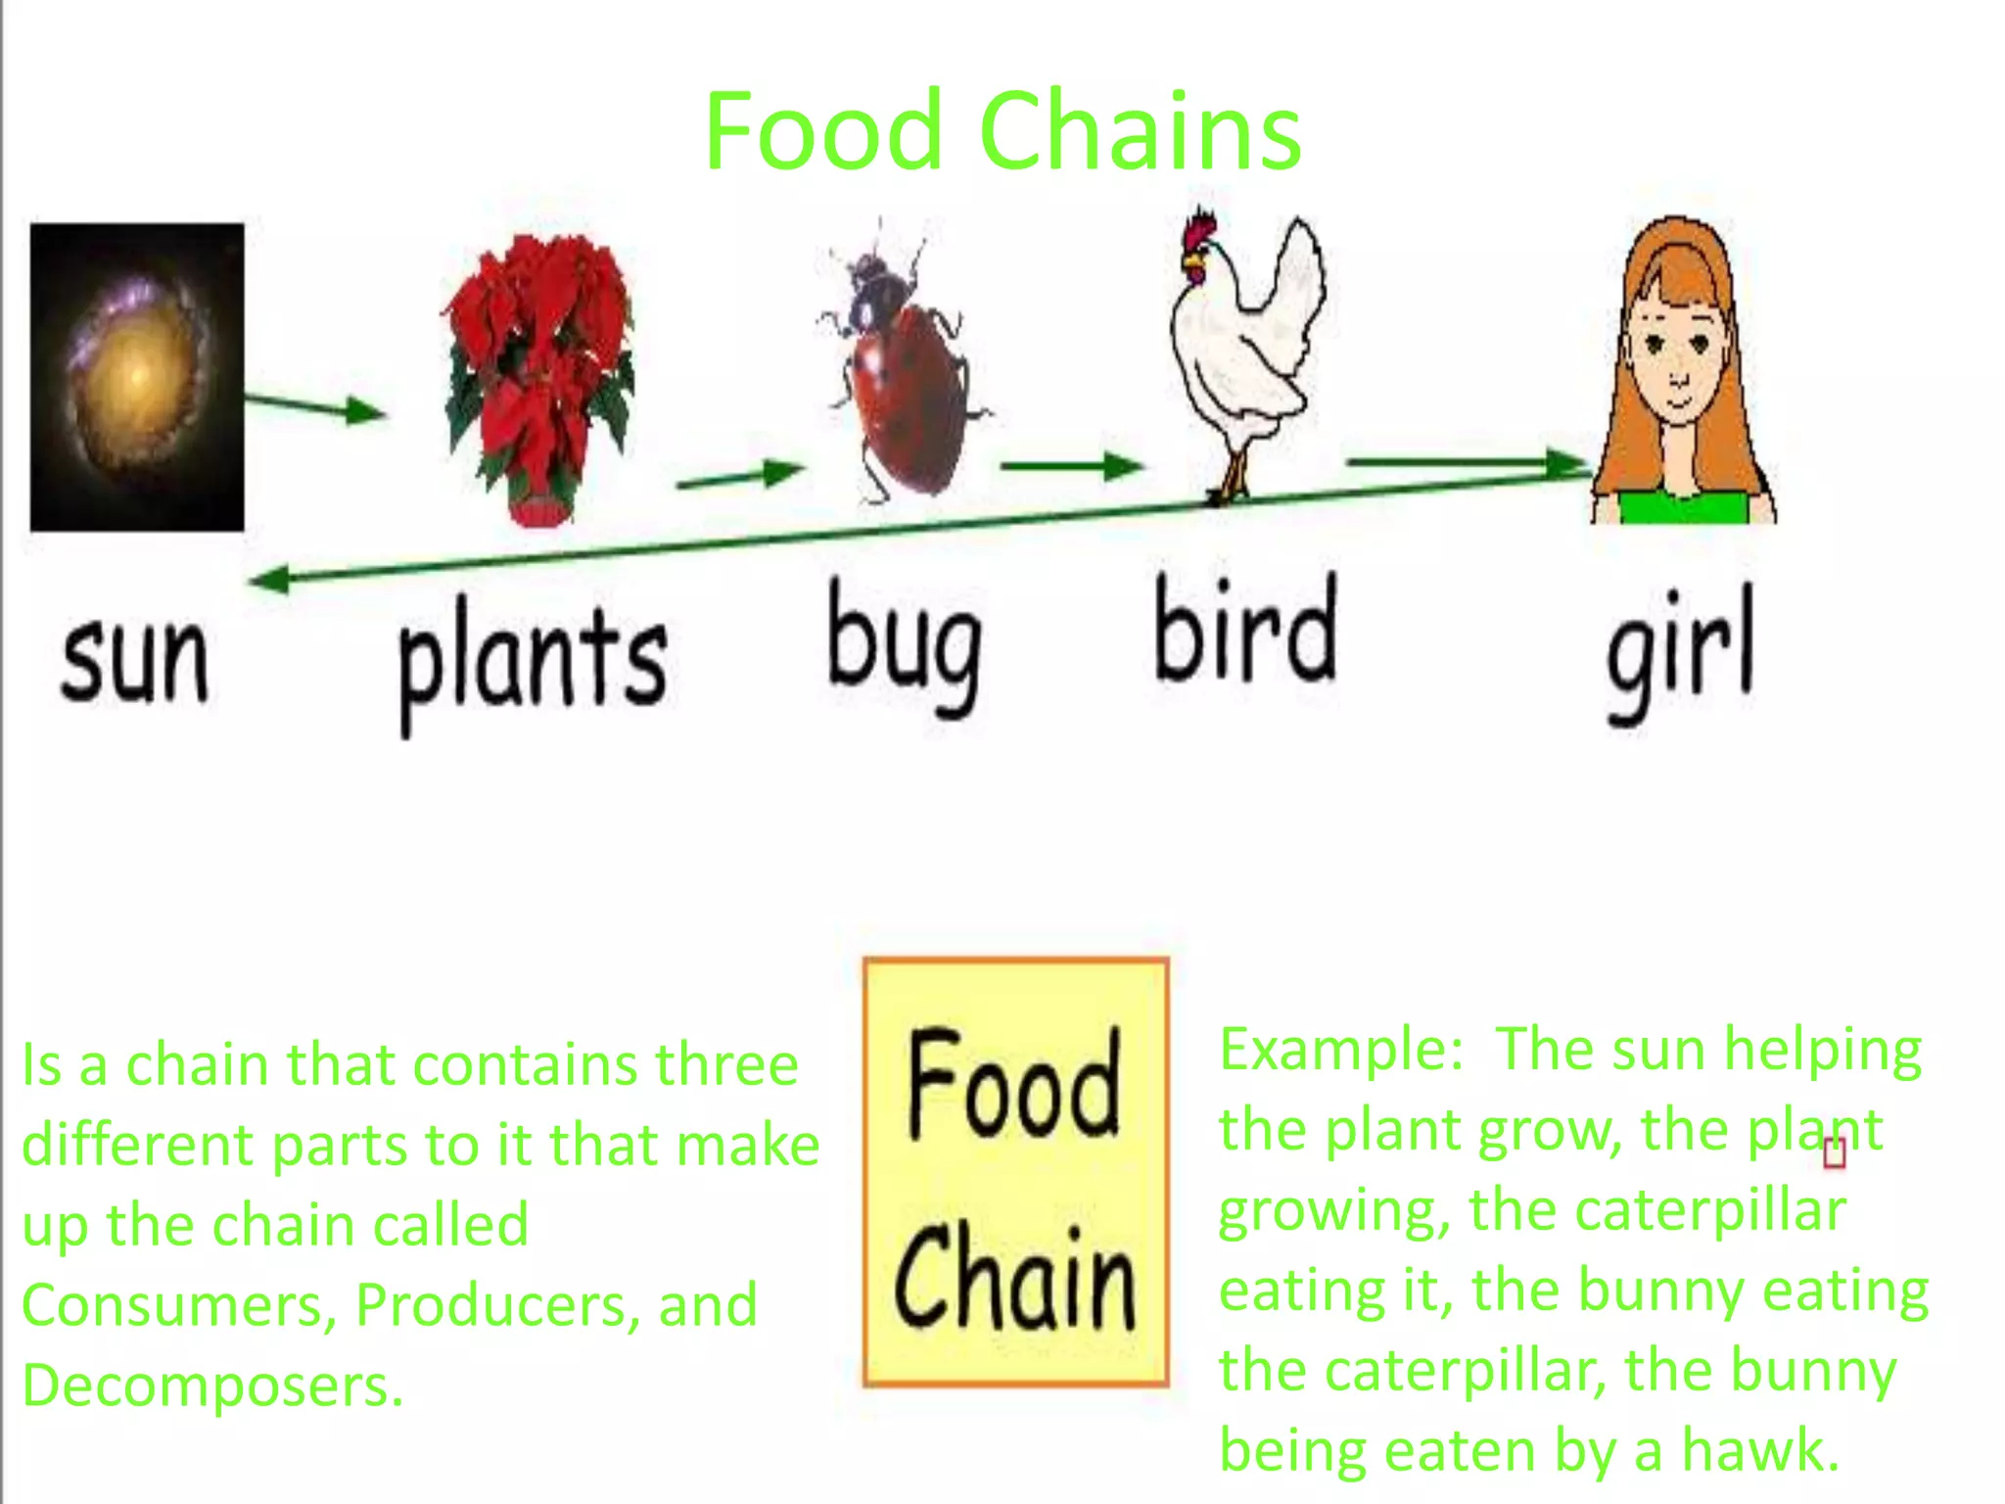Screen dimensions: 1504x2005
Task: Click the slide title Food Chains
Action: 1002,131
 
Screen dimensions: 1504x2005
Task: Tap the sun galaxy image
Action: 137,377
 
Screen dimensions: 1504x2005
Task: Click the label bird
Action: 1244,632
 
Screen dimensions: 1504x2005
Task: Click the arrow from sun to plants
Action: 315,406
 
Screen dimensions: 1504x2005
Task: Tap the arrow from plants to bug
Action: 740,477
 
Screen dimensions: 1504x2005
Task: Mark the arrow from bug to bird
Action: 1071,466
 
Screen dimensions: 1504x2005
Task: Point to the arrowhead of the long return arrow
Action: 269,580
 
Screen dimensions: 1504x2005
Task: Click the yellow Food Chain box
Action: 1015,1172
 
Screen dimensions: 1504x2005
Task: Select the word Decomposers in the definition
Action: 212,1386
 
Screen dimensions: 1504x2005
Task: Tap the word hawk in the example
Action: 1760,1450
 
